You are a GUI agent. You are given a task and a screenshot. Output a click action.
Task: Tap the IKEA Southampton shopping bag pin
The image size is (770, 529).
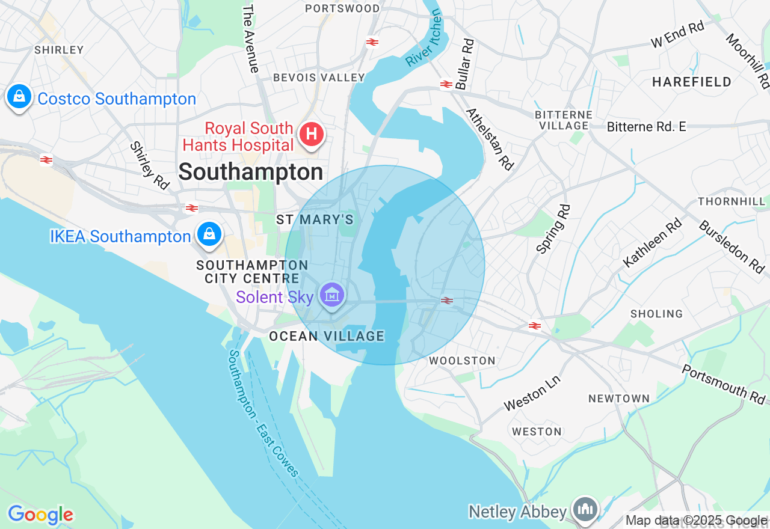point(209,234)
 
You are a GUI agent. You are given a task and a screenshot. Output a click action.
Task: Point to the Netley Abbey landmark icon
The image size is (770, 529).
point(584,509)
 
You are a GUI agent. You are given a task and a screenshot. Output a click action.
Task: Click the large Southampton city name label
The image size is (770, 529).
point(251,172)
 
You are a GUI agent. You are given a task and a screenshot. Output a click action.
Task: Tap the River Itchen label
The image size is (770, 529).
point(424,40)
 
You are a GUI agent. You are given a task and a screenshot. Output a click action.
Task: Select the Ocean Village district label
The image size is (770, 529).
point(327,336)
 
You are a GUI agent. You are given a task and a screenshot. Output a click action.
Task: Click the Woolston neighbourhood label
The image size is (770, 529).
point(462,361)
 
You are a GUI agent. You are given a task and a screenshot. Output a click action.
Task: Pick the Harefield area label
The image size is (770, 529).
point(692,82)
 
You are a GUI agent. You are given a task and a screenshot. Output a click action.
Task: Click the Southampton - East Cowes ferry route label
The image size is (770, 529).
point(263,413)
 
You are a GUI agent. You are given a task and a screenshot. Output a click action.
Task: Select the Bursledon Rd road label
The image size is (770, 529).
point(731,246)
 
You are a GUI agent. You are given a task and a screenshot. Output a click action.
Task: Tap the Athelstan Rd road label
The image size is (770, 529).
point(490,139)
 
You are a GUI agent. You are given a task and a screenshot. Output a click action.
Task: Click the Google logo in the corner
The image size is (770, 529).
point(40,515)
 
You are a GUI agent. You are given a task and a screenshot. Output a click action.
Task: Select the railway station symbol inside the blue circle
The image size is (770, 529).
point(447,301)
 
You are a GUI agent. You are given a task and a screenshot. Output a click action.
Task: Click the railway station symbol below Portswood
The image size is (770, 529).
point(372,42)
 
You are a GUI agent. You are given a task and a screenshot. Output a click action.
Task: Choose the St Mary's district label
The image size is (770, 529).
point(315,219)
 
